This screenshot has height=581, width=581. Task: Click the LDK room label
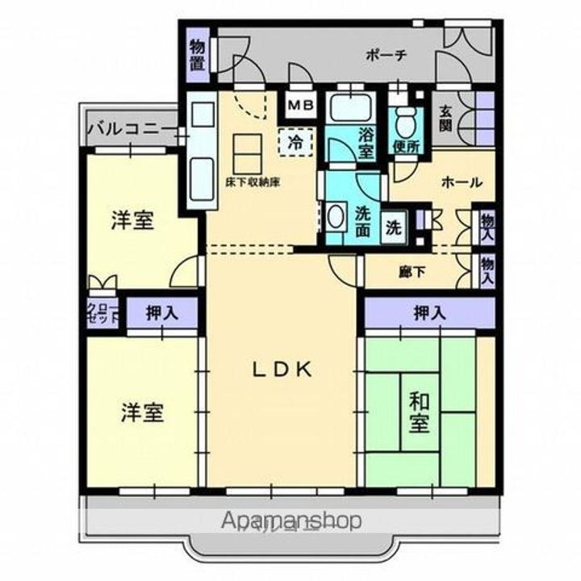click(x=282, y=370)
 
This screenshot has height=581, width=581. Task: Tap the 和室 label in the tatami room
click(x=418, y=412)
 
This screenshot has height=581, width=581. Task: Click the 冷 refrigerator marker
click(x=296, y=144)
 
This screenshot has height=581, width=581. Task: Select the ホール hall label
click(x=457, y=182)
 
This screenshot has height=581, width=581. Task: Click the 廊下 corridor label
click(x=412, y=273)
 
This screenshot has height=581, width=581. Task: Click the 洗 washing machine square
click(x=393, y=227)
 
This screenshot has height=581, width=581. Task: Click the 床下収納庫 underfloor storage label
click(x=253, y=183)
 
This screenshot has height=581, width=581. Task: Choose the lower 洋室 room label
click(x=143, y=412)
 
